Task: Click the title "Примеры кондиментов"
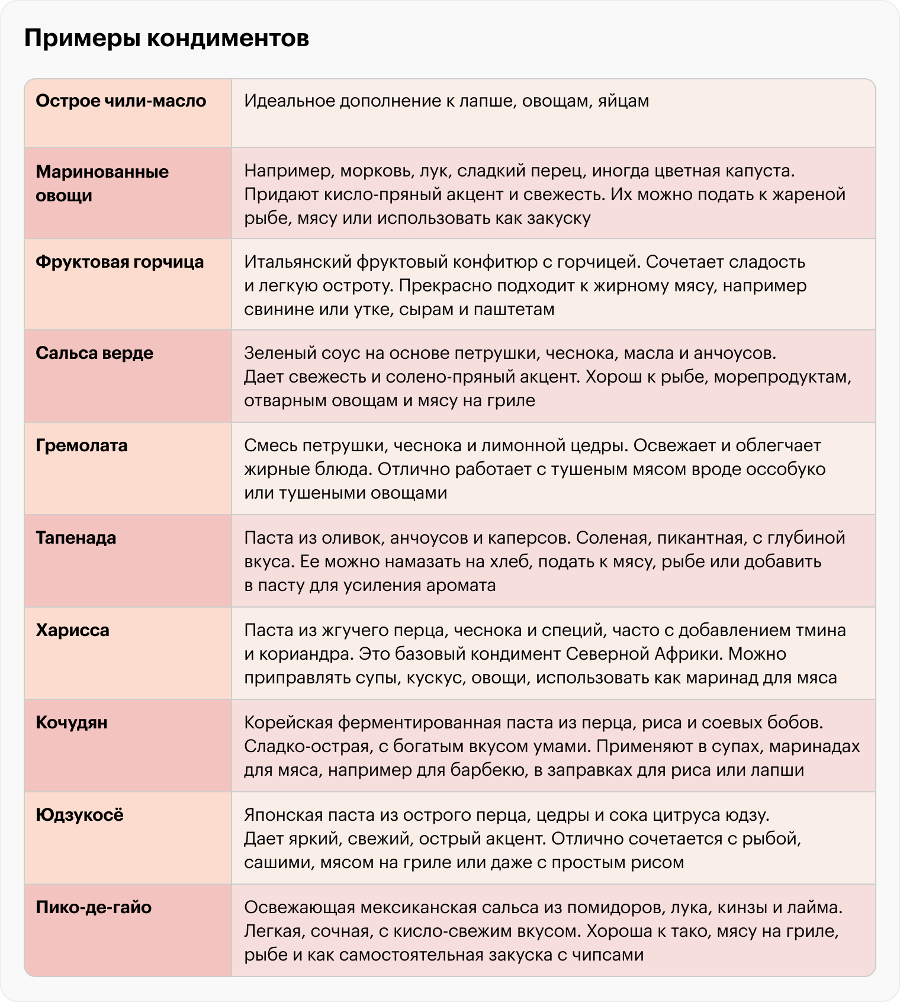166,39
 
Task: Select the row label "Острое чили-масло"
121,101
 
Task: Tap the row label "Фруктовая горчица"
120,262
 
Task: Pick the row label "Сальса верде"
94,354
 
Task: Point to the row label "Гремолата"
82,446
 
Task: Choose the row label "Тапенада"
76,538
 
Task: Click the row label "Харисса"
72,631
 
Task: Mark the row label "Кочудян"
72,723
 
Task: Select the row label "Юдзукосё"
79,815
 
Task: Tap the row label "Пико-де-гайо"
94,908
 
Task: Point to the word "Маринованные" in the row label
102,172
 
